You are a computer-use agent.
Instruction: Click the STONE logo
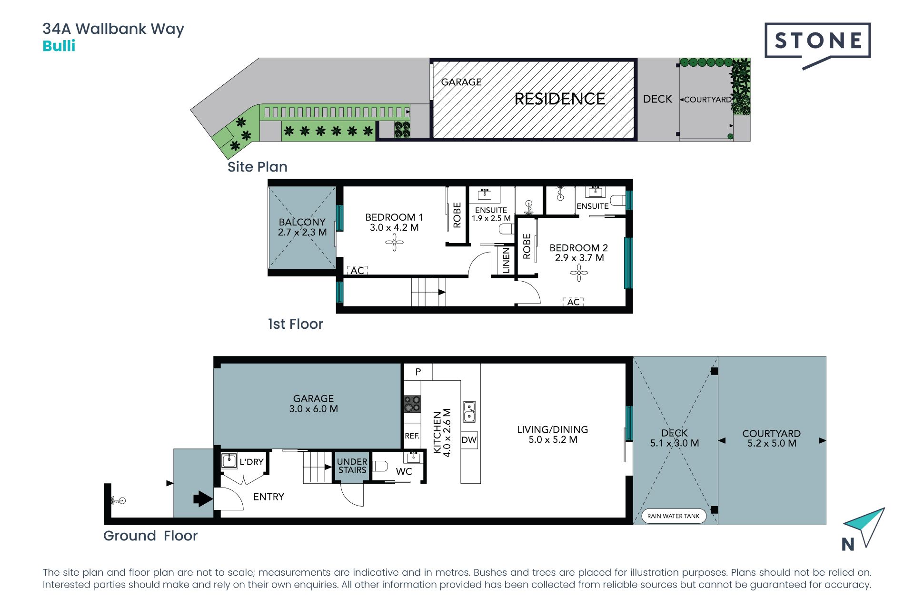click(x=818, y=46)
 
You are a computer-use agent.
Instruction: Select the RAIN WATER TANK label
click(x=673, y=516)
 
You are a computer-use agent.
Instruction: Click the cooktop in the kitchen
click(x=412, y=404)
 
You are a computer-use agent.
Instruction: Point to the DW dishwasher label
click(x=469, y=440)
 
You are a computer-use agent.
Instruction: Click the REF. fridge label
click(x=412, y=436)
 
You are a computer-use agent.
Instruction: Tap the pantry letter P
click(x=418, y=372)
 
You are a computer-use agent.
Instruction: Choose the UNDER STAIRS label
click(x=352, y=466)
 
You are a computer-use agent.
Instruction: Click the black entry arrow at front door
click(x=203, y=499)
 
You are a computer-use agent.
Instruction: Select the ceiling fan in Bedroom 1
click(x=394, y=243)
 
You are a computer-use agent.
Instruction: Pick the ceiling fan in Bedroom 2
click(x=579, y=273)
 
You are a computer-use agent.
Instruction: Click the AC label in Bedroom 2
click(x=573, y=302)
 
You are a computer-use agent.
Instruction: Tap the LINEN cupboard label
click(x=506, y=260)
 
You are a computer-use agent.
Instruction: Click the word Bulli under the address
click(x=59, y=46)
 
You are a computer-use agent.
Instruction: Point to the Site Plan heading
click(x=258, y=167)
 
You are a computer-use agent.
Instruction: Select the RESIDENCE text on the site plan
click(x=560, y=99)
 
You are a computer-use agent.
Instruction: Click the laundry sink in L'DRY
click(x=229, y=461)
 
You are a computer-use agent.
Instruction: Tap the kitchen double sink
click(x=469, y=412)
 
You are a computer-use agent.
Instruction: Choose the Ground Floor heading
click(x=150, y=536)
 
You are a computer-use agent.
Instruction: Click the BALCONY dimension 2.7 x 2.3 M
click(x=302, y=233)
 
